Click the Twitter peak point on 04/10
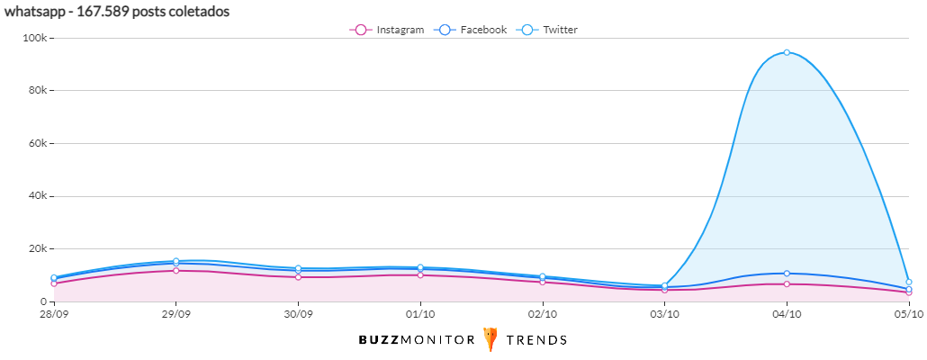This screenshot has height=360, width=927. [x=787, y=52]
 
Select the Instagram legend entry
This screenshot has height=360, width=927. [x=387, y=30]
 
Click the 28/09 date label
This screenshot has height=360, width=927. [x=54, y=314]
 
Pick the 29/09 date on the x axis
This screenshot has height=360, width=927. [x=175, y=314]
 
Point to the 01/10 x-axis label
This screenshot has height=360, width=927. [x=420, y=314]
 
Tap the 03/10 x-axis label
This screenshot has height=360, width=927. [x=664, y=314]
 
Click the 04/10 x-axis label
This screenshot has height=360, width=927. [x=787, y=314]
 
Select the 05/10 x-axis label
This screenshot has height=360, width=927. [x=909, y=314]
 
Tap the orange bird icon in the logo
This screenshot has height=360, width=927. [x=490, y=339]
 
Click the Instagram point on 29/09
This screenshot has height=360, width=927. [x=176, y=270]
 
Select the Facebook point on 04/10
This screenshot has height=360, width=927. [x=787, y=274]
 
